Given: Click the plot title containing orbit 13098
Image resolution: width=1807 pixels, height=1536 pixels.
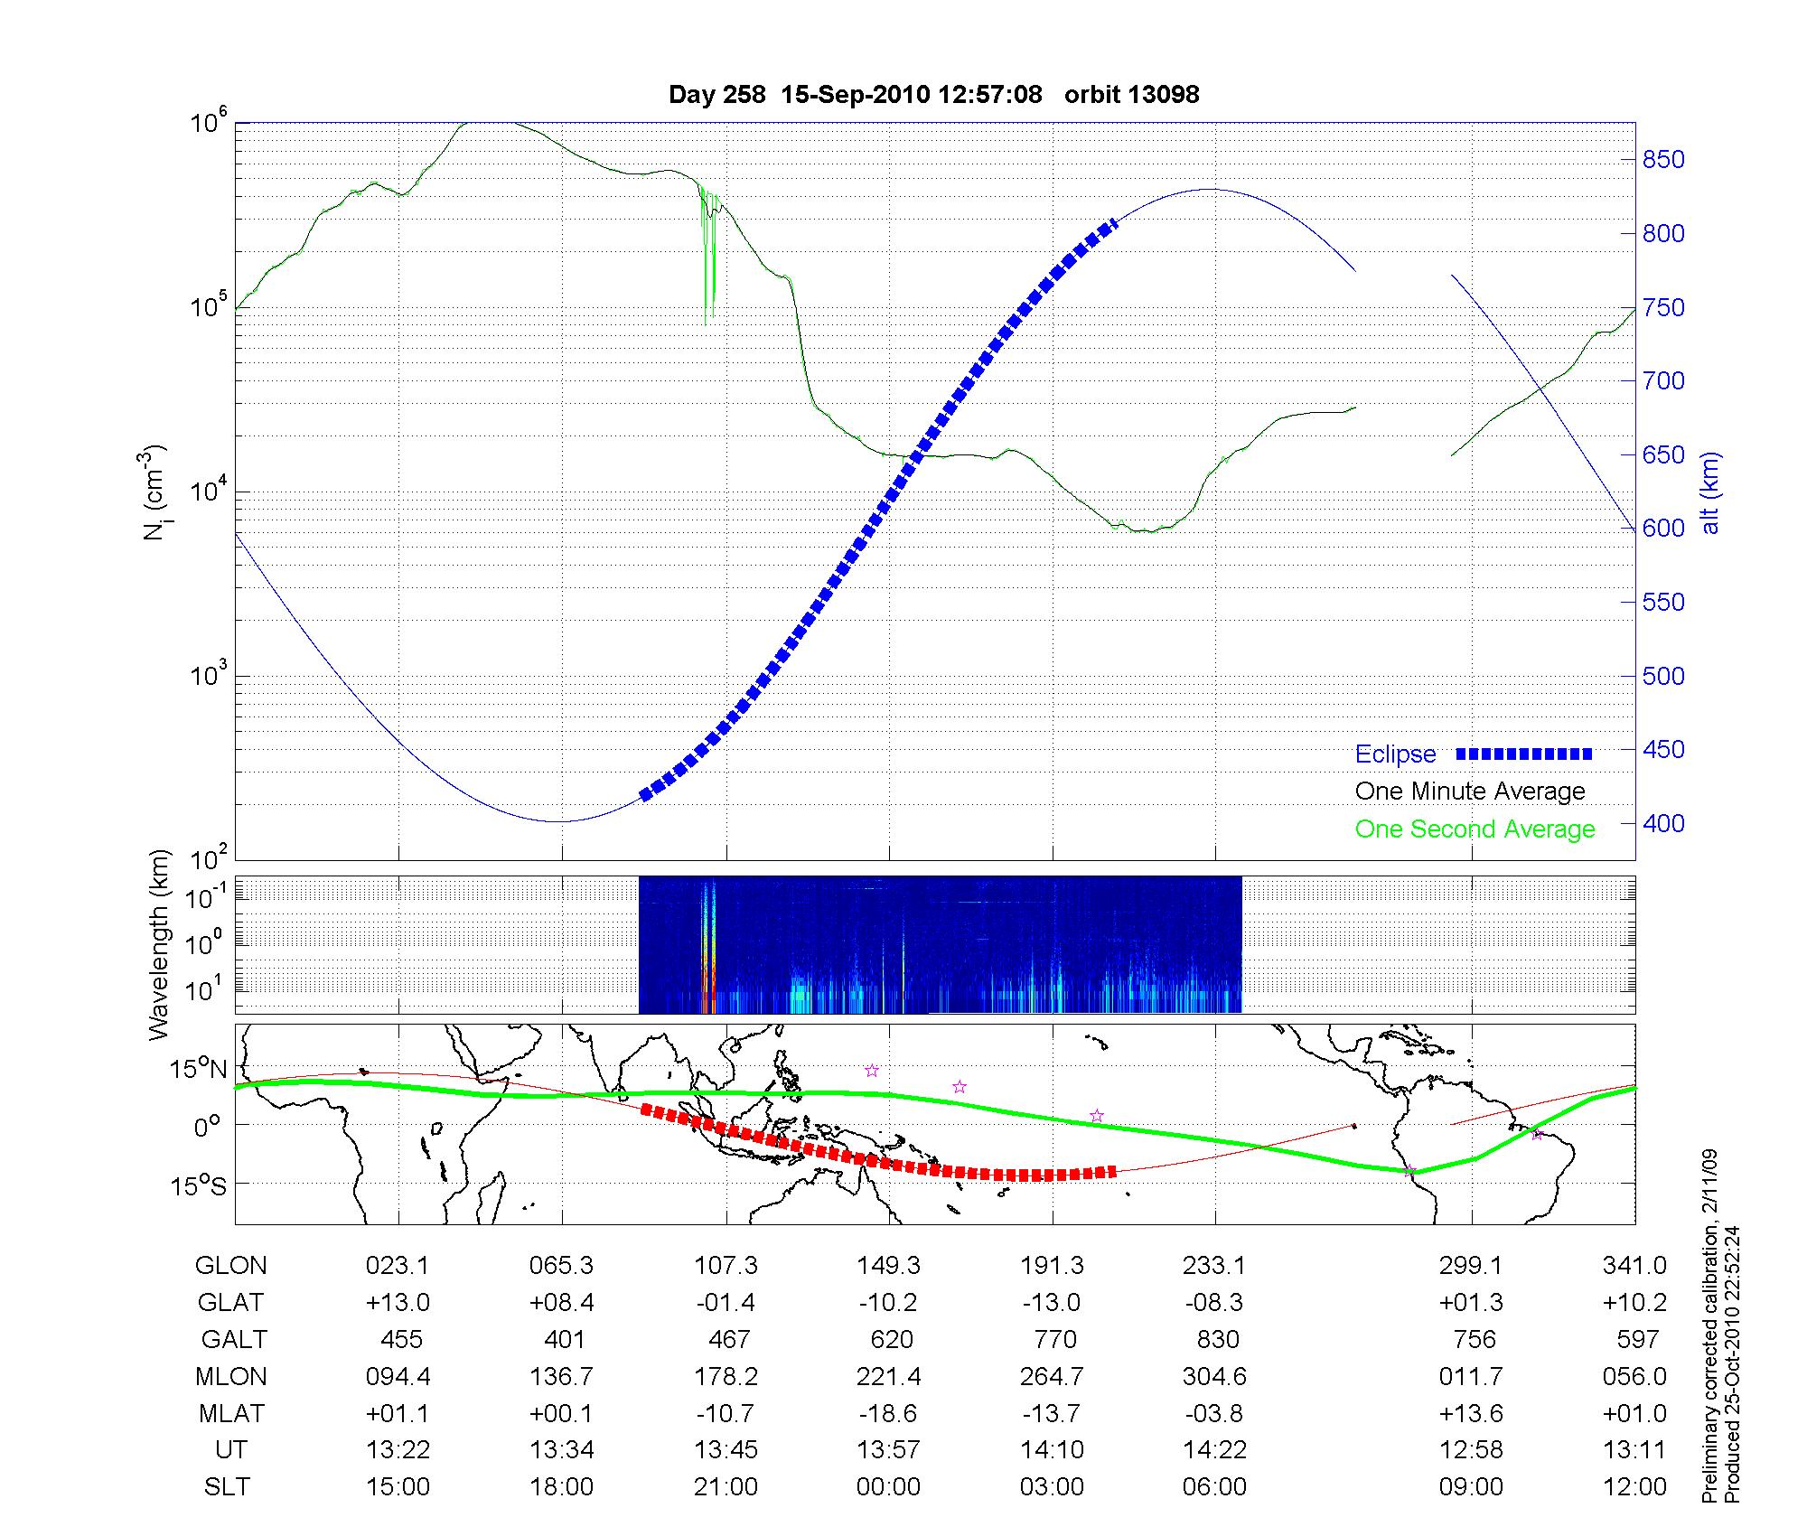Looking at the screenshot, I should click(933, 95).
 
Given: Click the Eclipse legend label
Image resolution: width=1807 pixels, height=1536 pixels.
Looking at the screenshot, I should click(1395, 754).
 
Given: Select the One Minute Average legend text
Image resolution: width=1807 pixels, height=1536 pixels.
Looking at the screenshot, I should click(1470, 791).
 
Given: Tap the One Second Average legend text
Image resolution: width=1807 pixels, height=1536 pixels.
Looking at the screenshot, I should click(1475, 829).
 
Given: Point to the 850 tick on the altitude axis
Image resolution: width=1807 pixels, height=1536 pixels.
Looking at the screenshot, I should click(1663, 160).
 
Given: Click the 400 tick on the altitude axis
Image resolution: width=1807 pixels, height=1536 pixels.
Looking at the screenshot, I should click(1663, 824).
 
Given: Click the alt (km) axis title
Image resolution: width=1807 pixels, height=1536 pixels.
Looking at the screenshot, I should click(1710, 492).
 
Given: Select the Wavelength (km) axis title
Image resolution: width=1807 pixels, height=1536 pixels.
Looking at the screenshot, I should click(160, 944).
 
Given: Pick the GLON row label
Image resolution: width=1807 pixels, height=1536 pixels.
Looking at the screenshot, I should click(230, 1266).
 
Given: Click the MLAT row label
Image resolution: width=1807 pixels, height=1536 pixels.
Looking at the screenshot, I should click(230, 1414).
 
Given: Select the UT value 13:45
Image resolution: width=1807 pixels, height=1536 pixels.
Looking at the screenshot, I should click(726, 1450).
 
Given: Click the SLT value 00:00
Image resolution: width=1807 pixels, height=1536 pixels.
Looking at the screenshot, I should click(889, 1487).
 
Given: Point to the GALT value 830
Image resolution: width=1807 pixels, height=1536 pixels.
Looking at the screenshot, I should click(1216, 1339).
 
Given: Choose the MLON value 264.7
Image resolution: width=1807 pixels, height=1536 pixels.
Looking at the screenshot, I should click(1053, 1377).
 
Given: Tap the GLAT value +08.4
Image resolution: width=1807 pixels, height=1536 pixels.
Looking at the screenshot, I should click(562, 1303).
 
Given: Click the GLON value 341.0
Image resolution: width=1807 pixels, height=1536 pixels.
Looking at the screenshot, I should click(1634, 1266).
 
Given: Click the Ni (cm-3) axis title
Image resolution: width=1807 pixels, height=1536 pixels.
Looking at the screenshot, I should click(154, 492).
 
